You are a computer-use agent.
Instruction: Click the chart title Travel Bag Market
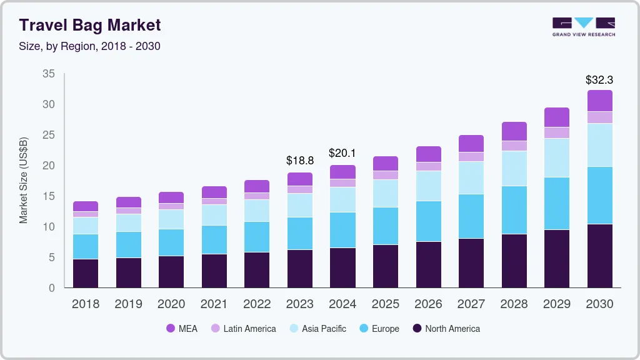tap(90, 25)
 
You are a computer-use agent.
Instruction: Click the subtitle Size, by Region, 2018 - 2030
tap(90, 46)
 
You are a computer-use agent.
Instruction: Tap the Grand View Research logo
tap(583, 26)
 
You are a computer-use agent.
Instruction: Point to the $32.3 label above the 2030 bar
tap(599, 80)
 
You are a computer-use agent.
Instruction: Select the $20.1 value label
tap(342, 154)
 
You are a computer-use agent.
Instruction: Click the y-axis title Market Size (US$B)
tap(24, 180)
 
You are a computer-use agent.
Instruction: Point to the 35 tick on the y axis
tap(49, 74)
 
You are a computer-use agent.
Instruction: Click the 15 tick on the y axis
tap(49, 196)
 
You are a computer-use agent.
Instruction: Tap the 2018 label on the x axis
tap(86, 304)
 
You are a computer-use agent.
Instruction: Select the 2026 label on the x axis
tap(428, 304)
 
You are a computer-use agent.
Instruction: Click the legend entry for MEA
tap(182, 329)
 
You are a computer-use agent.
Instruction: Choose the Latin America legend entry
tap(243, 329)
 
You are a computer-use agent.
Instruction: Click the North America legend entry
tap(446, 329)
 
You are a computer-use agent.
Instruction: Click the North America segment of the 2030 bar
tap(599, 256)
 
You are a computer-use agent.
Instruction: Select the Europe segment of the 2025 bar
tap(386, 226)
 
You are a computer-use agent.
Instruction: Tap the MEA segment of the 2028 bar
tap(514, 131)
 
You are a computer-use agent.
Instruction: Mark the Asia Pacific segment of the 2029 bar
tap(557, 157)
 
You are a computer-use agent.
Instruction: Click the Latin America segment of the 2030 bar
tap(599, 117)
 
